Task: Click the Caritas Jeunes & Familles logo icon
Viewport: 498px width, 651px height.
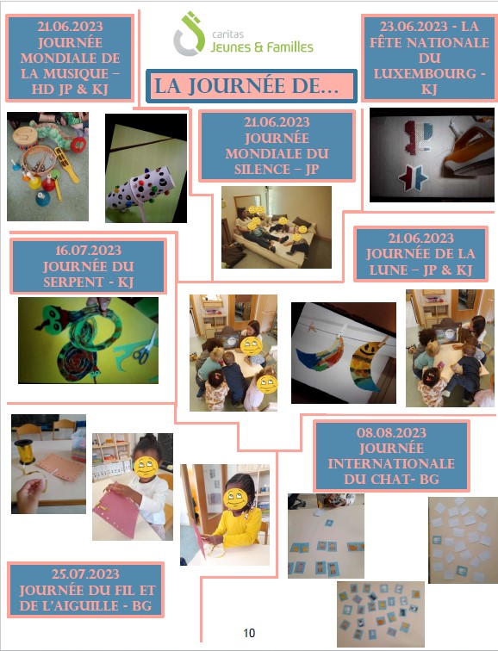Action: point(189,34)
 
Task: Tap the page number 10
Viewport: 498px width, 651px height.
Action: point(249,633)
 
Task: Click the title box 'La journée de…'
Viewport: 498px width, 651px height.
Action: point(252,86)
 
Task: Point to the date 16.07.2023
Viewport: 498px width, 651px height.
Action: point(88,251)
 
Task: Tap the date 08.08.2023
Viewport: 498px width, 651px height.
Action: point(391,432)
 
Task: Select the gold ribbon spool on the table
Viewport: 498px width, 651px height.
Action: point(25,451)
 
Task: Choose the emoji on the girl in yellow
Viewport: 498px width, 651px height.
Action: point(235,499)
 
